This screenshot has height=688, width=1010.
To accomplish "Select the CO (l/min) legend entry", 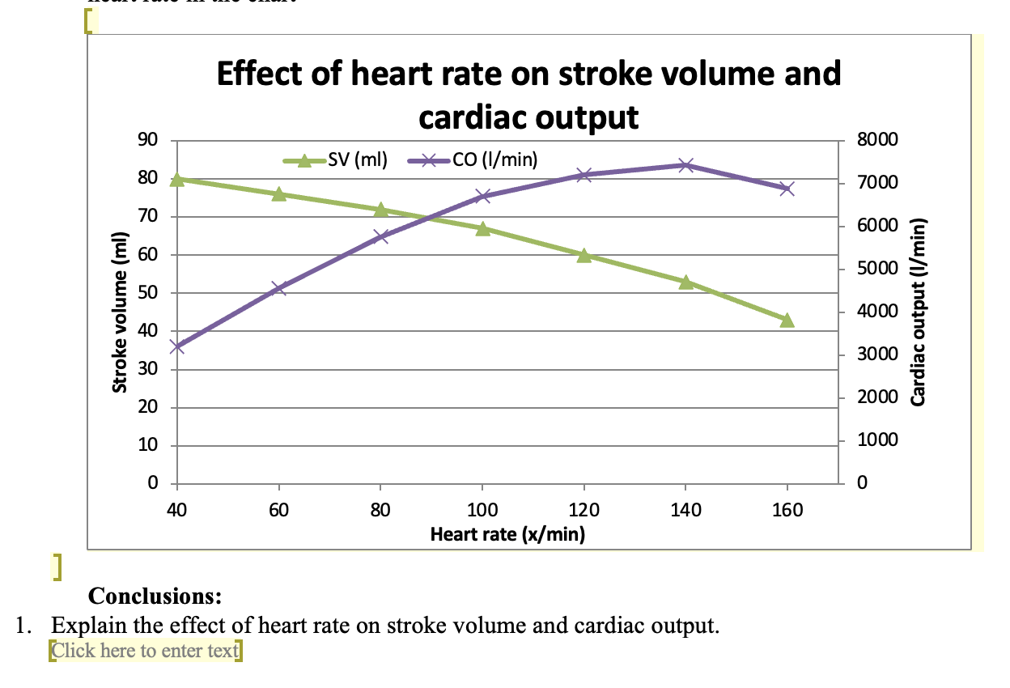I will click(x=493, y=159).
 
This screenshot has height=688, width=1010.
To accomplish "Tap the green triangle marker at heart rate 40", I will click(x=177, y=180).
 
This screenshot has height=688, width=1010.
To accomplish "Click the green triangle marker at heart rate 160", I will click(x=787, y=321).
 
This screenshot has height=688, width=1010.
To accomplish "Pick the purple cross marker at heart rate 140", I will click(x=685, y=165).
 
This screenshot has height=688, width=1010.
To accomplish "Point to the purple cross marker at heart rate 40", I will click(x=177, y=346).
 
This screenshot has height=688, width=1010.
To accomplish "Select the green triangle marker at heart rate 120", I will click(x=584, y=256).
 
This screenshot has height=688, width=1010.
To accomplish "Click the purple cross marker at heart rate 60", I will click(x=279, y=288).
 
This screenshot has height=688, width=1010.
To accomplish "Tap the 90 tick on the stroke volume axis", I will click(x=148, y=139).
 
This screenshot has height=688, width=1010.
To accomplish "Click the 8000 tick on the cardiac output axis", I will click(x=876, y=139).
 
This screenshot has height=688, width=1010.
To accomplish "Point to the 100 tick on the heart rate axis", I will click(x=482, y=510).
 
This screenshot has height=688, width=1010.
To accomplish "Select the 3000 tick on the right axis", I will click(x=876, y=355).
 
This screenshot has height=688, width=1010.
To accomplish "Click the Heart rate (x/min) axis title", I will click(x=507, y=534).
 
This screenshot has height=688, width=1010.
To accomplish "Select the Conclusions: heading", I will click(x=155, y=597).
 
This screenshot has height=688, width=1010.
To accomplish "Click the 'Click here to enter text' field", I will click(x=145, y=650).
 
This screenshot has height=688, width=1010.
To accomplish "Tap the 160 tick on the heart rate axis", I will click(x=787, y=510).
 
